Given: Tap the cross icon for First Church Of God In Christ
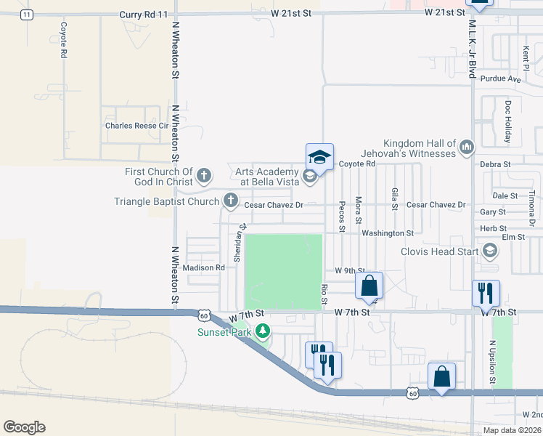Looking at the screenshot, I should click(205, 176).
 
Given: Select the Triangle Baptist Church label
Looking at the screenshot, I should click(167, 201).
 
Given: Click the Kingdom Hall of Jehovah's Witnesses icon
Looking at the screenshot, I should click(467, 148).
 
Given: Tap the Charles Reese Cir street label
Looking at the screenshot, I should click(136, 125).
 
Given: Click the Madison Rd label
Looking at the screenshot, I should click(204, 267).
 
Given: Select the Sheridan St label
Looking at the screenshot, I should click(237, 243).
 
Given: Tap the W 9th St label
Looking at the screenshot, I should click(350, 270).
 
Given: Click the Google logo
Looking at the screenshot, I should click(24, 427).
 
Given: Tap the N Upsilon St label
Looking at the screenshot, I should click(491, 362).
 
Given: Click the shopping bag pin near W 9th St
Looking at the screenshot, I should click(369, 285).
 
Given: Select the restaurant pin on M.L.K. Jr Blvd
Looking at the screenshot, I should click(486, 293).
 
